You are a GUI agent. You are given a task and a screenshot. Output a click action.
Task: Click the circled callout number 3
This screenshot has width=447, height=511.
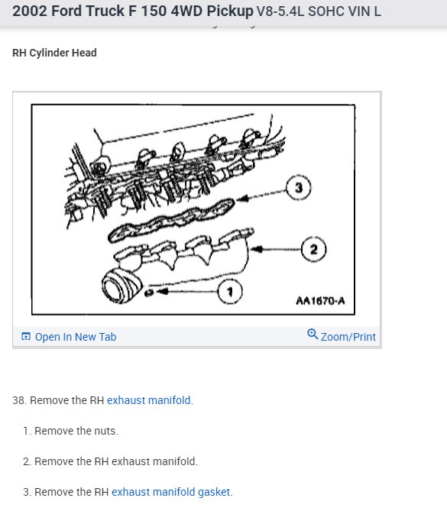(299, 188)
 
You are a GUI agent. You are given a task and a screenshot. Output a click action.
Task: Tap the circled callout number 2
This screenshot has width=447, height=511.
(313, 249)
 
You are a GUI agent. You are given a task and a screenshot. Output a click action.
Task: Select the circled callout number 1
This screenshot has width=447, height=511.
(230, 291)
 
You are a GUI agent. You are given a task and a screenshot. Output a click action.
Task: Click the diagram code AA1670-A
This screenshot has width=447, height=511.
(320, 300)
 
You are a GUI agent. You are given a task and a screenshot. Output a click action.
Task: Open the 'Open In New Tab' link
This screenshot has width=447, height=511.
(76, 337)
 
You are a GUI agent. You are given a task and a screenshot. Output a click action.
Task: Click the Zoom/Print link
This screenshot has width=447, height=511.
(348, 337)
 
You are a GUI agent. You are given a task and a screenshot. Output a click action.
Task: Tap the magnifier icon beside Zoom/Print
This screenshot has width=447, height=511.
(313, 334)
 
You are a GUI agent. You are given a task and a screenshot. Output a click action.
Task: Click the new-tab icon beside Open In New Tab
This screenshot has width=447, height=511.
(26, 336)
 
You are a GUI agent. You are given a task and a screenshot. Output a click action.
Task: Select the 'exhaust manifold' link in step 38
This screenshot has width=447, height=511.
(149, 400)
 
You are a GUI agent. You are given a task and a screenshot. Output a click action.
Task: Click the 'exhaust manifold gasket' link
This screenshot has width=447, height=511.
(171, 492)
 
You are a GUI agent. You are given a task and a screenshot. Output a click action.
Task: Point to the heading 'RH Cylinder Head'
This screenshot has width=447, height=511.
(54, 53)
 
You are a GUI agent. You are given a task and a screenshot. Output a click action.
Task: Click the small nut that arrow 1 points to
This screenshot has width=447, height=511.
(149, 293)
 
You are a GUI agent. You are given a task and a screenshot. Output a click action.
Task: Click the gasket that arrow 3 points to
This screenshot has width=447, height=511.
(171, 220)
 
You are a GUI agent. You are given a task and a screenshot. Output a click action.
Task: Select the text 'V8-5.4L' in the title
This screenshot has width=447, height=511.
(280, 11)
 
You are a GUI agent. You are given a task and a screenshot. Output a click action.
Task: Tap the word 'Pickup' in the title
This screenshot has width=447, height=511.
(230, 11)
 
